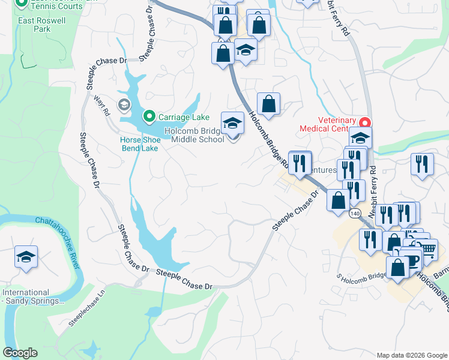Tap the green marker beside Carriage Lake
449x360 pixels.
(x=148, y=116)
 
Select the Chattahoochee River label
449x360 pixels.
(x=65, y=240)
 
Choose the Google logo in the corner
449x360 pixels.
(x=20, y=353)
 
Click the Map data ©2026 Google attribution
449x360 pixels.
(x=411, y=355)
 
